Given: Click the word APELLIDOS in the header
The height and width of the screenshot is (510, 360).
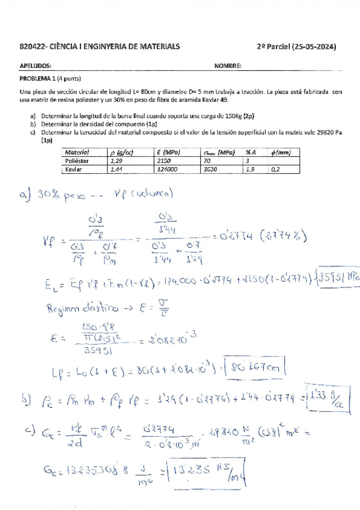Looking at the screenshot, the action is [x=35, y=67].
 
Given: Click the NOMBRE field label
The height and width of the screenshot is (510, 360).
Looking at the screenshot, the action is [x=227, y=67].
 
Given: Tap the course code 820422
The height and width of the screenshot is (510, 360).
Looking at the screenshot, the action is [x=31, y=47].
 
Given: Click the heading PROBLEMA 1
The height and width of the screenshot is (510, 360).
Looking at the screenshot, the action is [x=37, y=79].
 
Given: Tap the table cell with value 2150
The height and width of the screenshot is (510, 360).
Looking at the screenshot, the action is [x=163, y=162].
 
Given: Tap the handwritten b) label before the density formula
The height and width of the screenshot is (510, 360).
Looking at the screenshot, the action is [x=25, y=396].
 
